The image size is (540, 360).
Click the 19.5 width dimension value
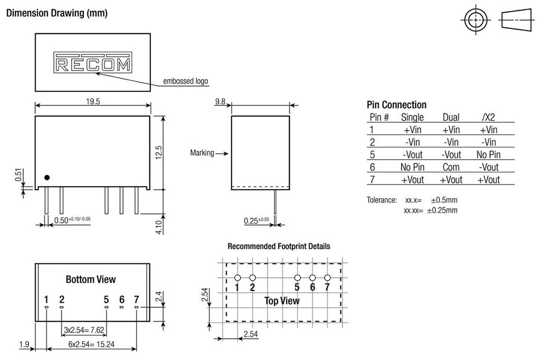pos(93,102)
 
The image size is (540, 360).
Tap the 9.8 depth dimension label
pos(220,102)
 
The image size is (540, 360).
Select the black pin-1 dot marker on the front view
pos(47,178)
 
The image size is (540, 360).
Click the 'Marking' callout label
pos(202,153)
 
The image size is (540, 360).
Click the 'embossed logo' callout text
pos(185,81)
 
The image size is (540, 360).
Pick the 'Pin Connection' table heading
pos(396,104)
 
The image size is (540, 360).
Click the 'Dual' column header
pos(451,117)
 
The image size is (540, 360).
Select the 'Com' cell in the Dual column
pos(451,167)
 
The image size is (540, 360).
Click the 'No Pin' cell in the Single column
pos(412,167)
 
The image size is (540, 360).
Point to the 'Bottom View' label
pos(91,279)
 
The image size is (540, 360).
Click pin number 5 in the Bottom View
pos(106,299)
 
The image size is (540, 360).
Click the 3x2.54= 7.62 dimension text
pos(84,330)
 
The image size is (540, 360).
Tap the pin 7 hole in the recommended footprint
pos(327,278)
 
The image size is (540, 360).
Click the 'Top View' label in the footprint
pos(282,301)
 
